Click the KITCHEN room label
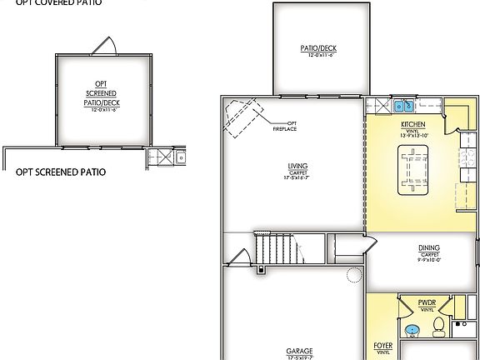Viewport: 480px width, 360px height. click(413, 125)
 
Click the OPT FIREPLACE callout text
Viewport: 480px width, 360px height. click(287, 126)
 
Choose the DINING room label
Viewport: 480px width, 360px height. click(430, 247)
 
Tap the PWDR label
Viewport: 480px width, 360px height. click(428, 302)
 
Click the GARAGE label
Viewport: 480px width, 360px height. click(298, 352)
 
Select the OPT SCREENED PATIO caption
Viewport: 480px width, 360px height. click(61, 172)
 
